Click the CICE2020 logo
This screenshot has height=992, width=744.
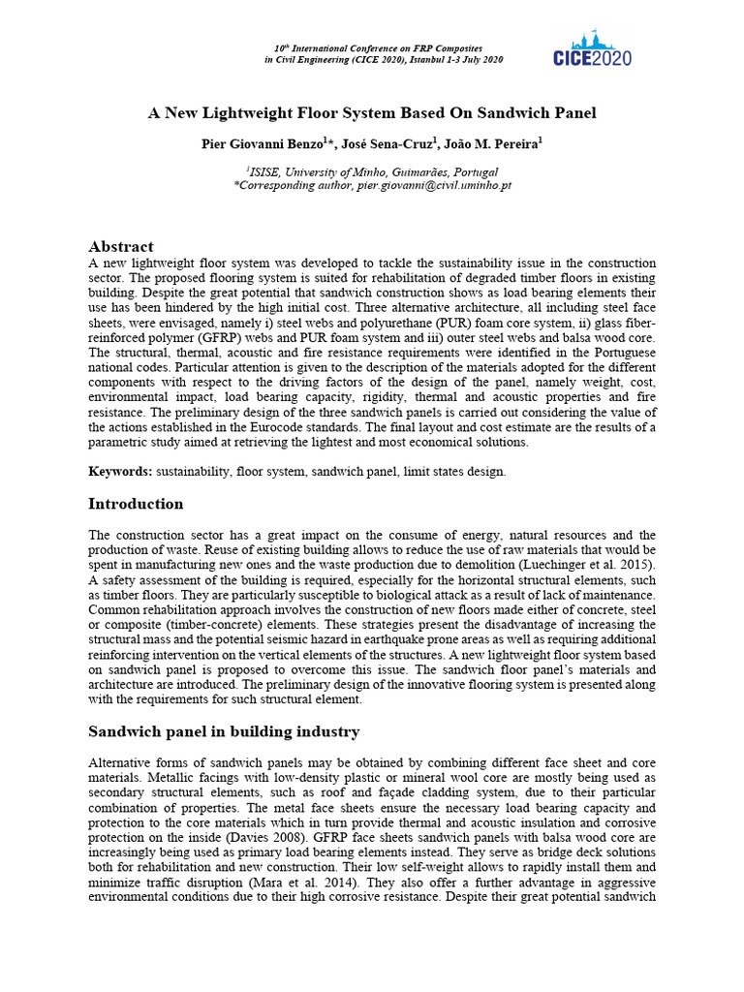pos(592,48)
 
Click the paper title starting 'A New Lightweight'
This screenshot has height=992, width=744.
pos(372,113)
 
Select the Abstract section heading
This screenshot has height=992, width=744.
pos(121,247)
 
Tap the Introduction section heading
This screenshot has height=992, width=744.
pos(136,504)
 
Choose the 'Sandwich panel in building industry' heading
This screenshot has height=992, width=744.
pos(224,731)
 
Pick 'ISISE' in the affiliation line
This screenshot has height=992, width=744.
pos(263,170)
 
